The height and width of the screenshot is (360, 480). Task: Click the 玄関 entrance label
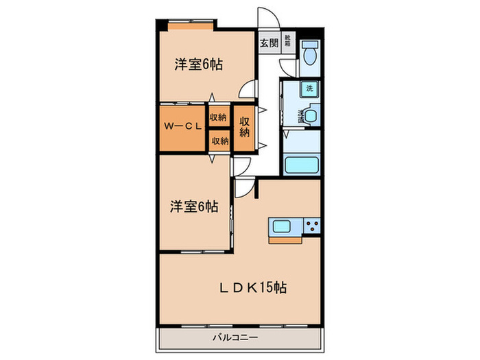tap(267, 42)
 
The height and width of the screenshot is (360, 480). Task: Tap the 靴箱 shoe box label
tap(287, 42)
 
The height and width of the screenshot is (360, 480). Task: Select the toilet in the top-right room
tap(309, 54)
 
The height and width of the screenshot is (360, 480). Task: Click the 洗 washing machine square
tap(309, 88)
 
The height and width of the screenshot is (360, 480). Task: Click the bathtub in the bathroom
tap(302, 165)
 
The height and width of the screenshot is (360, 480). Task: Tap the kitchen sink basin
tap(283, 227)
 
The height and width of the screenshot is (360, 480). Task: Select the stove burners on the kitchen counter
tap(311, 227)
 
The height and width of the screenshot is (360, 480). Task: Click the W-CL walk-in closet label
tap(181, 127)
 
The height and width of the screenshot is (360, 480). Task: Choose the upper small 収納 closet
tap(219, 117)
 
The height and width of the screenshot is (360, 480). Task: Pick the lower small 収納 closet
tap(219, 141)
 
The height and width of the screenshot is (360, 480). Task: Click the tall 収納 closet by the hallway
tap(244, 127)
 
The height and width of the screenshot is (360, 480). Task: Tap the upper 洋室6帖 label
tap(198, 65)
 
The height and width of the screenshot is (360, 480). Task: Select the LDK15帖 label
tap(252, 288)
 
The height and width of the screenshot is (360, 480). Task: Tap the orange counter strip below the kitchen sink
tap(296, 240)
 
